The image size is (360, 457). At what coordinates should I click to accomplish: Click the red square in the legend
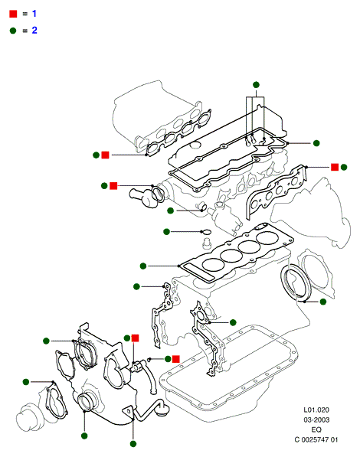click(13, 14)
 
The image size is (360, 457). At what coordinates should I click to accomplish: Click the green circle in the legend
click(13, 31)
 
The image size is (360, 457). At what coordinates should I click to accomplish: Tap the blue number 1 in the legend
click(34, 14)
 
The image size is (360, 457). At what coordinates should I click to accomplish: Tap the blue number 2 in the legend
click(34, 30)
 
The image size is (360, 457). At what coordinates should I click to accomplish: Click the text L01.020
click(316, 410)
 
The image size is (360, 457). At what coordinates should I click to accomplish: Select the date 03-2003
click(316, 419)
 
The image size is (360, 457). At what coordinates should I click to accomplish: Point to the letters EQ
click(316, 429)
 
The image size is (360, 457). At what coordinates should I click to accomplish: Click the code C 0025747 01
click(316, 439)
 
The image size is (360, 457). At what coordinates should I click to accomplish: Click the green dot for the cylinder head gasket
click(143, 266)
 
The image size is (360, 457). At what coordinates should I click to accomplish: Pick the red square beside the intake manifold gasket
click(105, 155)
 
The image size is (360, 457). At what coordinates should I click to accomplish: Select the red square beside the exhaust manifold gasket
click(335, 167)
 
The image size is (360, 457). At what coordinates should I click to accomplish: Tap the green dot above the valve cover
click(256, 85)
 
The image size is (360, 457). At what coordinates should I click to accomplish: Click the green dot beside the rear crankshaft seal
click(323, 302)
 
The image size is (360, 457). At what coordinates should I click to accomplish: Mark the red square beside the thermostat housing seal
click(113, 186)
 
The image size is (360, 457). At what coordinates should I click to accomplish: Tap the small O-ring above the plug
click(207, 232)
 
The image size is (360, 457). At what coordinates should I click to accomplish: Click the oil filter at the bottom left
click(27, 417)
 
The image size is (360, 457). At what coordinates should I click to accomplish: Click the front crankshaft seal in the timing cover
click(87, 402)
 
